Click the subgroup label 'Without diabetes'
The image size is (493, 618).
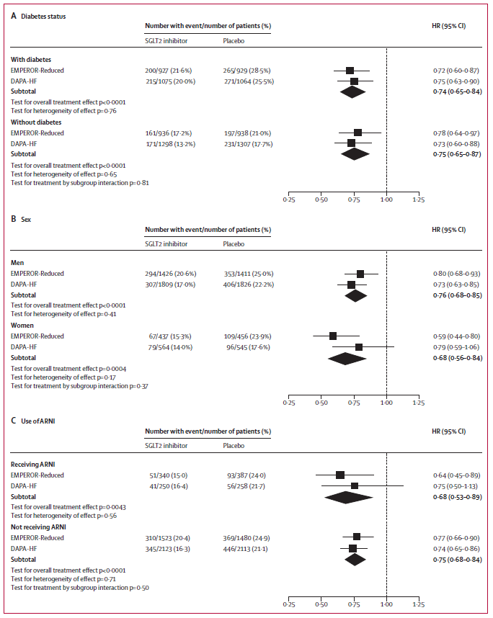tap(36, 122)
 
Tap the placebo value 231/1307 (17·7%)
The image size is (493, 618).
tap(249, 143)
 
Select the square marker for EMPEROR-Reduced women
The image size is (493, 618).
tap(333, 336)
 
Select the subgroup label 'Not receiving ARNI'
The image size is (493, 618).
tap(39, 527)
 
